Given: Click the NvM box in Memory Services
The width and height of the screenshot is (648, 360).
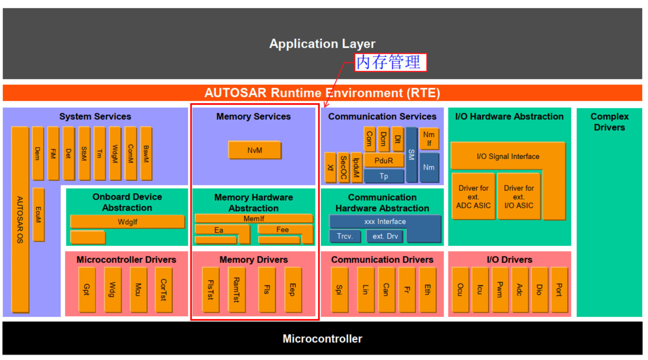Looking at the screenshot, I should click(x=255, y=150).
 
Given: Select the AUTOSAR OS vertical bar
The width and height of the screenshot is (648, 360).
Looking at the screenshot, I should click(x=20, y=219).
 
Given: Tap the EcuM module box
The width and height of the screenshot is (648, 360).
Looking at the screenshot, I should click(x=38, y=214).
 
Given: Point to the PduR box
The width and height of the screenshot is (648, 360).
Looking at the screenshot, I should click(x=384, y=161).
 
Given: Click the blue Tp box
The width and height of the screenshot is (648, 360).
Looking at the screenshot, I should click(x=384, y=176).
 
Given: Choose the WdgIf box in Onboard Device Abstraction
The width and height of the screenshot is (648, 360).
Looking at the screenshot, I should click(x=127, y=222).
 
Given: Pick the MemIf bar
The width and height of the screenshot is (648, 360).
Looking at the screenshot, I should click(x=254, y=218).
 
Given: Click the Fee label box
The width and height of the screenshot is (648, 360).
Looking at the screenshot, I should click(x=283, y=229).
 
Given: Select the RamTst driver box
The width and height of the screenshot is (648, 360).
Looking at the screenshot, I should click(x=237, y=290).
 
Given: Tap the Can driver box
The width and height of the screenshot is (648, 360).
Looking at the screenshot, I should click(x=386, y=290).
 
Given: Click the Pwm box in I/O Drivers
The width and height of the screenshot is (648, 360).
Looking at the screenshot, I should click(x=500, y=290).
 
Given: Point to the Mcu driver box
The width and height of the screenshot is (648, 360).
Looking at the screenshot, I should click(x=138, y=290).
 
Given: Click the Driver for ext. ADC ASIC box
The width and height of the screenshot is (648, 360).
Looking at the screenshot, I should click(x=473, y=196).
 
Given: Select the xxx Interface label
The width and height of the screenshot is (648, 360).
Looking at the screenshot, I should click(x=385, y=221).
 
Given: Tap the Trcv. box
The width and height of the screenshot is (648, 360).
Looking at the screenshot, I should click(x=345, y=236).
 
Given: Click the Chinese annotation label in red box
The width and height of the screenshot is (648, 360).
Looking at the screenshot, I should click(x=390, y=62).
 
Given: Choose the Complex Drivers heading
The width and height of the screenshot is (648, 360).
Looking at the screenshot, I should click(x=609, y=122).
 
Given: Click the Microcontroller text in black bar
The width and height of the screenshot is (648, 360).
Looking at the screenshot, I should click(x=322, y=339).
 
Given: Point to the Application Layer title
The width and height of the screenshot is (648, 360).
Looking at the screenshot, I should click(x=322, y=44).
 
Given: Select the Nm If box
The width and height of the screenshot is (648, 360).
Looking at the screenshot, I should click(x=429, y=139).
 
